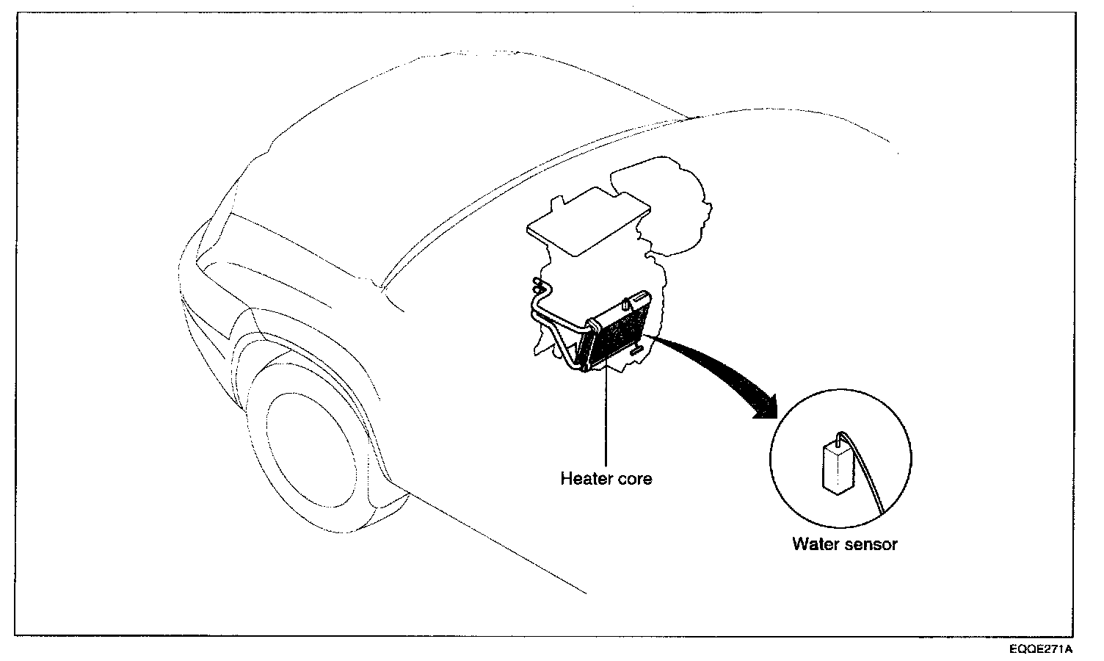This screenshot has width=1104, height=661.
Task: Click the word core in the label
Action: click(635, 479)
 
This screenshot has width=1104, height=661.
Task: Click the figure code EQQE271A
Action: click(1040, 649)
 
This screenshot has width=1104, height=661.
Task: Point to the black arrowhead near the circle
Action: click(766, 407)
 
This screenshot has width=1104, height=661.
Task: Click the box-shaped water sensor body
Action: click(838, 468)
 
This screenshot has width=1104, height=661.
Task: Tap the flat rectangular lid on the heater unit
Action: click(589, 223)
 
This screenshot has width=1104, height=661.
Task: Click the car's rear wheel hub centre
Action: click(311, 450)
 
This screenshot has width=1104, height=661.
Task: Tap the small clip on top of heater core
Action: click(626, 303)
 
